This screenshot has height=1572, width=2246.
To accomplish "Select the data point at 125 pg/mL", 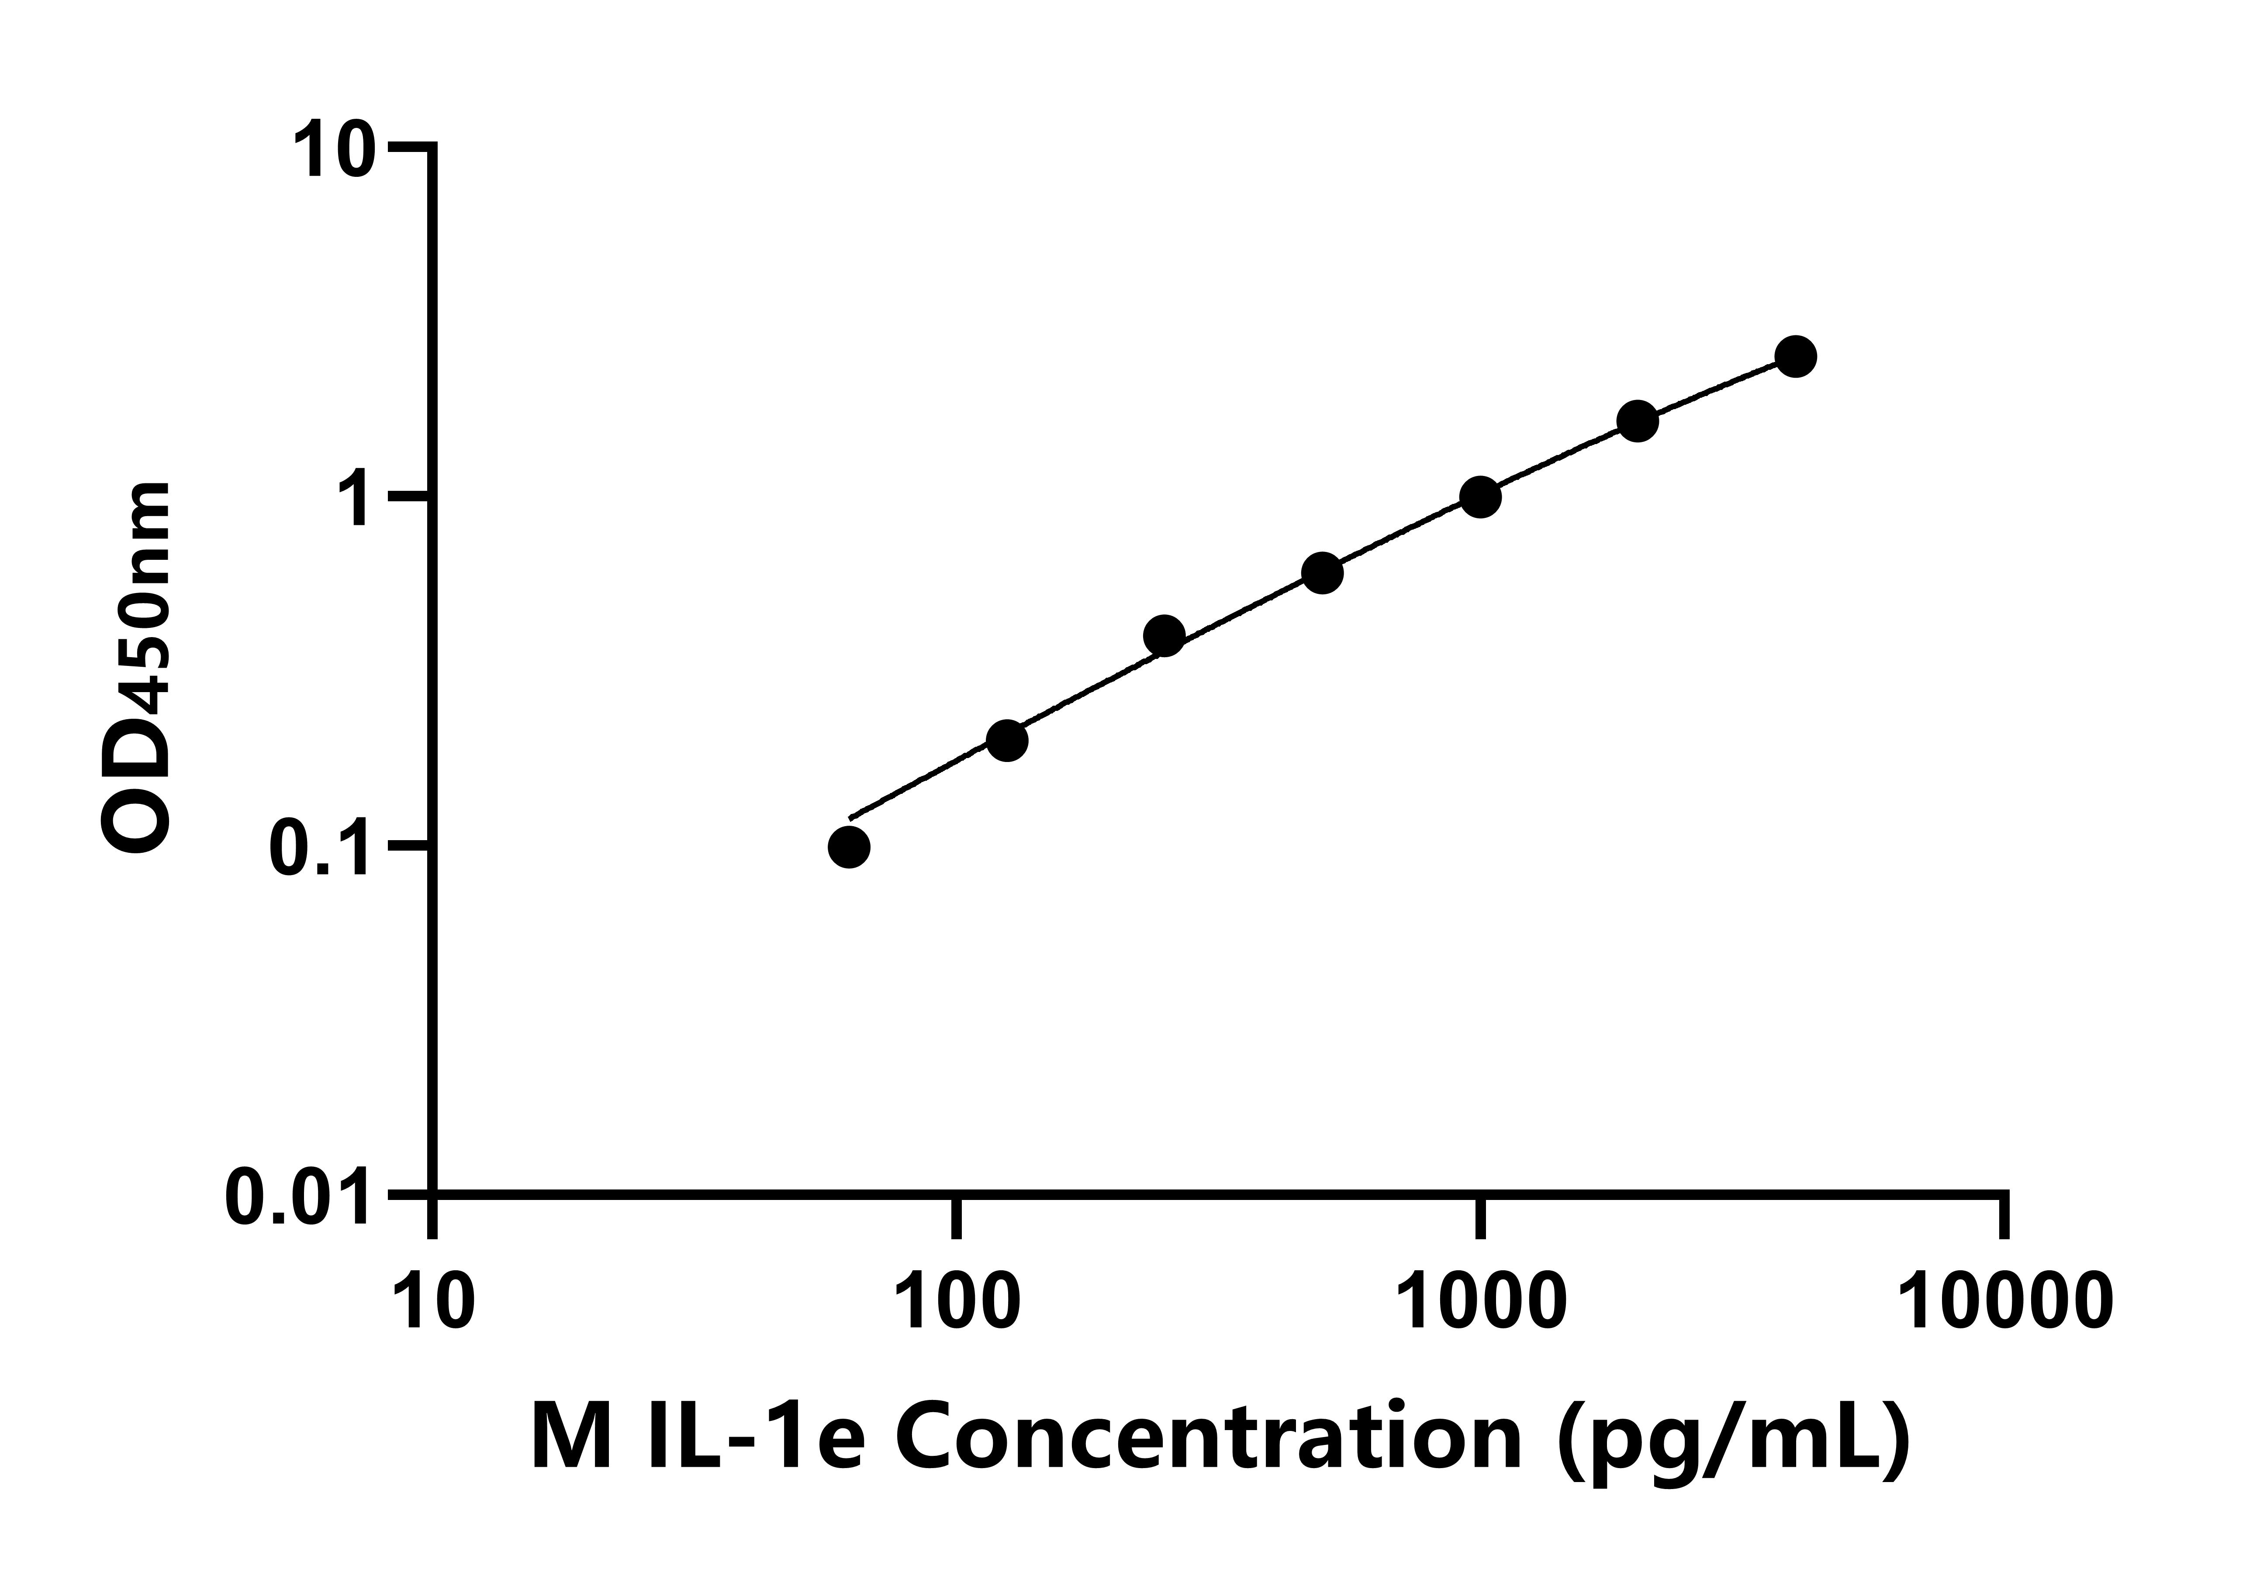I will [x=1006, y=741].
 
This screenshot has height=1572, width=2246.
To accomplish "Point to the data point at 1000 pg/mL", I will [x=1480, y=497].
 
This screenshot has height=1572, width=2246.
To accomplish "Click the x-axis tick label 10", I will [x=433, y=1301].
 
